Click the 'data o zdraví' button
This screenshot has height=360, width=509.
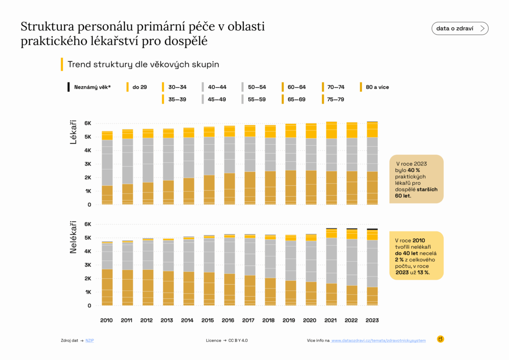(x=460, y=29)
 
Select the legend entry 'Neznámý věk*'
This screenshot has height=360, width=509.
(x=92, y=87)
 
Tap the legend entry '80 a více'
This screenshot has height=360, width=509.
(x=377, y=87)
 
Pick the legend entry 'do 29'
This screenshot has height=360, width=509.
(x=140, y=87)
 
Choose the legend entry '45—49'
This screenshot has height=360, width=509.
(x=217, y=99)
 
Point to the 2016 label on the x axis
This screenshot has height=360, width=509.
(x=228, y=320)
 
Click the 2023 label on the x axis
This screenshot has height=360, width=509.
(x=372, y=320)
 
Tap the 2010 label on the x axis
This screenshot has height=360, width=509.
(x=106, y=320)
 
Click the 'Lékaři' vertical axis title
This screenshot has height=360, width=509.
(x=73, y=133)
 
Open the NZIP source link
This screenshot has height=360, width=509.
(x=89, y=341)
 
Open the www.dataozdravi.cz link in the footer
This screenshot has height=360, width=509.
(x=378, y=341)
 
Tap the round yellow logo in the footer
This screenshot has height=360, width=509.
(x=440, y=339)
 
